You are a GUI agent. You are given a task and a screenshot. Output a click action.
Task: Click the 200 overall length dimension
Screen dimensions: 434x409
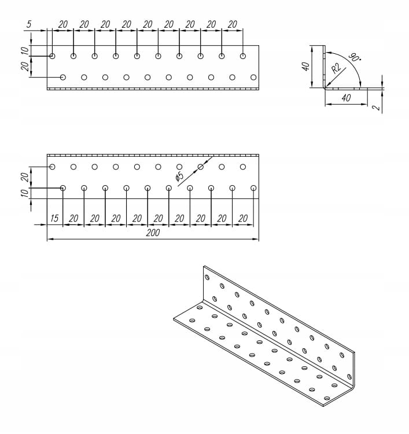153,233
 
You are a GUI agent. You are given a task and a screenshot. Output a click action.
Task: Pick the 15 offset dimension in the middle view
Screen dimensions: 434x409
54,218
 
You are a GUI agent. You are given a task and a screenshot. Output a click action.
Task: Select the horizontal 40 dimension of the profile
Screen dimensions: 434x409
346,98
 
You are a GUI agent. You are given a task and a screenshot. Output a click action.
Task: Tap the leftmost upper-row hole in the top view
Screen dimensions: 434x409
52,56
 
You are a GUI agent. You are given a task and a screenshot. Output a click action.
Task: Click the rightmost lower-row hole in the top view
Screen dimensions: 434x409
253,77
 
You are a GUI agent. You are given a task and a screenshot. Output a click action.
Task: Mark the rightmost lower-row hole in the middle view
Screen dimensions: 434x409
253,188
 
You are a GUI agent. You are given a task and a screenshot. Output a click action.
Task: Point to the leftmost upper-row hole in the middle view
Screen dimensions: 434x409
52,167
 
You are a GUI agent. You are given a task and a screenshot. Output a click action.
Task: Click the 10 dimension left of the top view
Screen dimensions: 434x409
24,50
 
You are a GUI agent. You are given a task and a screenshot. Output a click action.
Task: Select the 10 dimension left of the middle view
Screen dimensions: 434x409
24,193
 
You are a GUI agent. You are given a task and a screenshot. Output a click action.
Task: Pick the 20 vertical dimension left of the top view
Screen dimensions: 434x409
24,67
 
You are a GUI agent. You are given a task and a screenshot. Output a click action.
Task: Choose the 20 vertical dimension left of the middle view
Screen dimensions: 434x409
24,177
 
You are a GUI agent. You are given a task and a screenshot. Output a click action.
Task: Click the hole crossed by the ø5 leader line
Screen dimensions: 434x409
201,167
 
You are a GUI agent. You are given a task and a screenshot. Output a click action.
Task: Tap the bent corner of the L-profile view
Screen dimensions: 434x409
324,87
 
